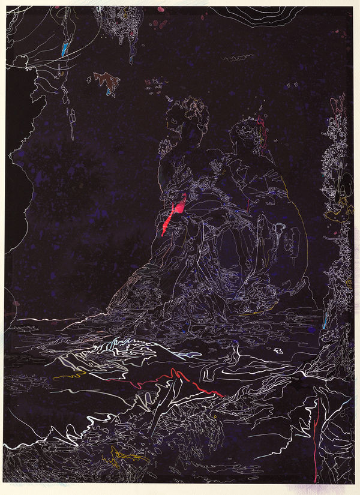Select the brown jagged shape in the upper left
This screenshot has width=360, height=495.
pyautogui.click(x=106, y=80)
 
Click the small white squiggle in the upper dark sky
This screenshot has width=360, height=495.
pyautogui.click(x=238, y=58)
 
